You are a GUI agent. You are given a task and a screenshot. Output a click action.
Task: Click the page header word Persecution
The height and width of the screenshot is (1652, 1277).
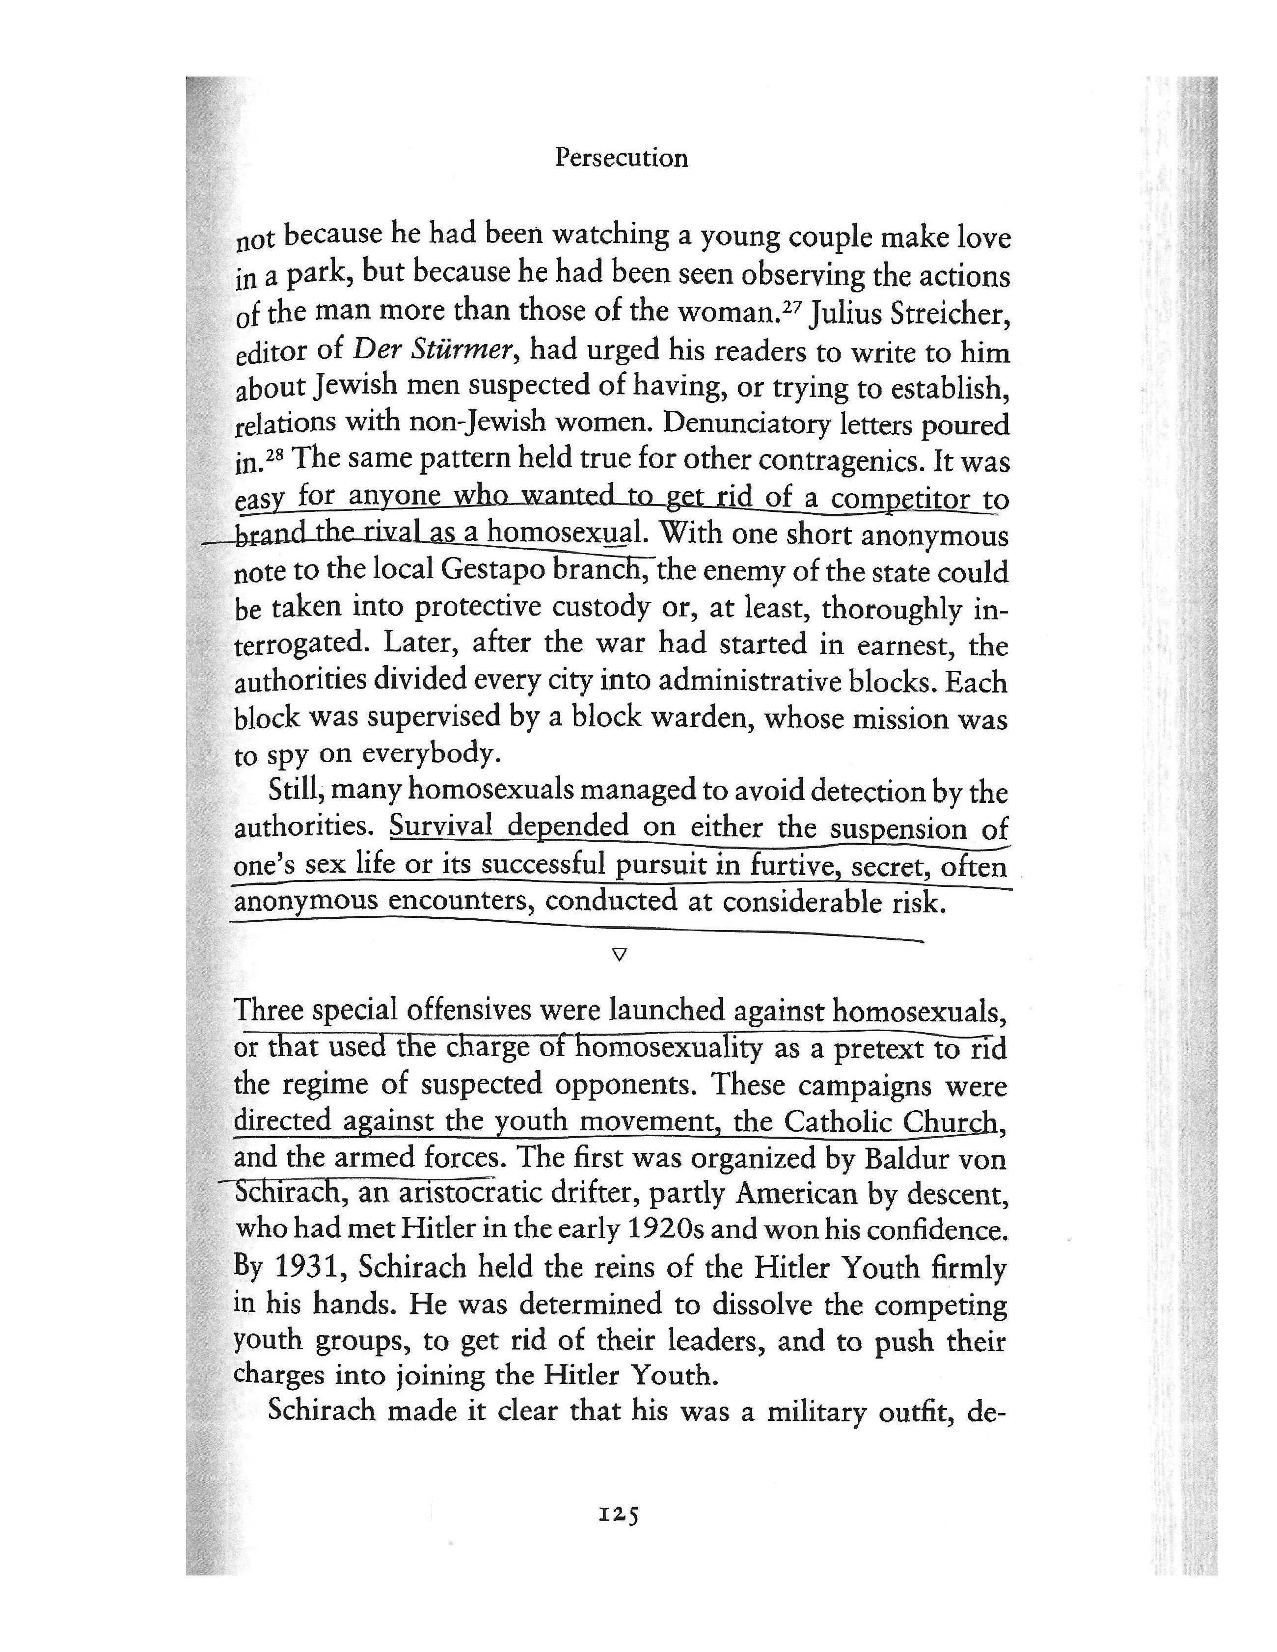[x=621, y=158]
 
